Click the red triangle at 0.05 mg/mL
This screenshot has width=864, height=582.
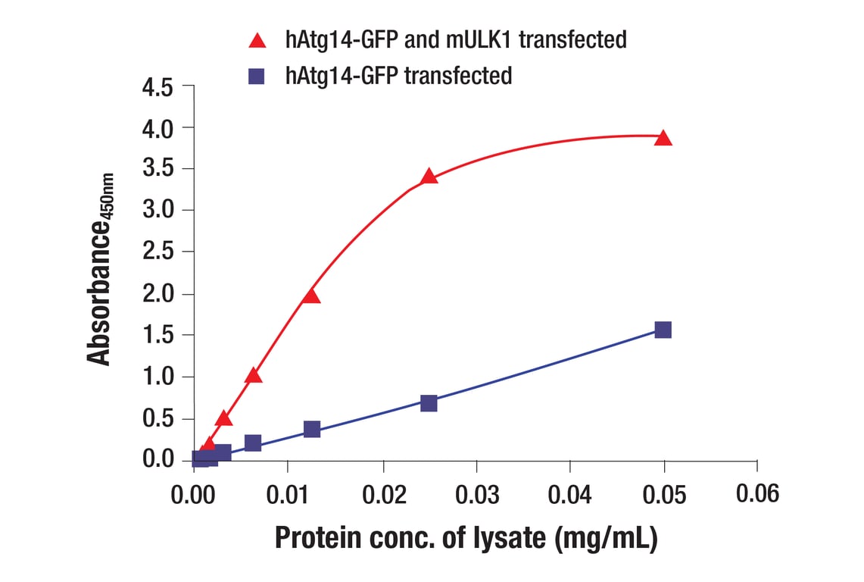[663, 138]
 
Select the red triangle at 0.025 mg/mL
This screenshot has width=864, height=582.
[429, 177]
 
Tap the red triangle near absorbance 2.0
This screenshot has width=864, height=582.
[310, 296]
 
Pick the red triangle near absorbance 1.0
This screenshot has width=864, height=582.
[254, 375]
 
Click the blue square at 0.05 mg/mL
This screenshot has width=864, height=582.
[663, 330]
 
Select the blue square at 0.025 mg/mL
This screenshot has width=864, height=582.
[429, 402]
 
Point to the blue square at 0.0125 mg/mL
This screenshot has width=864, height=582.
[311, 429]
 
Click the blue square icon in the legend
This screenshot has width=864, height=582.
[257, 76]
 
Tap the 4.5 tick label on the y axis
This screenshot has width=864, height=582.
[158, 87]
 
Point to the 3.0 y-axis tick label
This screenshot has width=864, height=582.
[158, 211]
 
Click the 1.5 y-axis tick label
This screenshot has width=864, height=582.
[158, 335]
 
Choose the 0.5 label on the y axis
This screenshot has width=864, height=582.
[158, 418]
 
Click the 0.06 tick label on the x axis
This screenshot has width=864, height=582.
[757, 494]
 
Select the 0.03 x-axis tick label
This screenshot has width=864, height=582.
[476, 494]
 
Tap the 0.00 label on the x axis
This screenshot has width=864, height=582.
[194, 494]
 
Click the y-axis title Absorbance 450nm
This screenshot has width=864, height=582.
[100, 270]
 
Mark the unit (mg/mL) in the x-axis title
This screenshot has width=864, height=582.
[605, 538]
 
